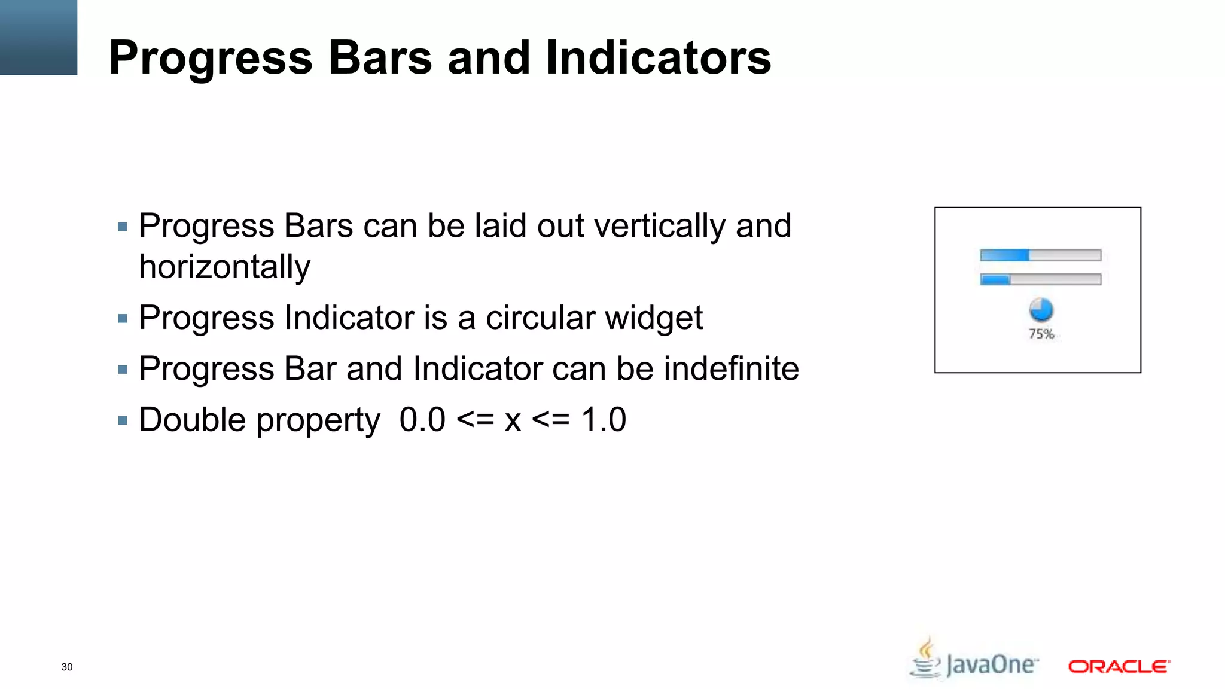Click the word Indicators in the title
click(x=658, y=57)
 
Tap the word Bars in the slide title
click(x=380, y=57)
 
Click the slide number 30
click(x=67, y=667)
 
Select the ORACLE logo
click(x=1119, y=666)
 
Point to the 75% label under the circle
click(x=1041, y=334)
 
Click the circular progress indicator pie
click(x=1041, y=310)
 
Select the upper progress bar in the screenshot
click(x=1040, y=255)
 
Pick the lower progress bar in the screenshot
click(x=1040, y=279)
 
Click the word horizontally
click(x=224, y=267)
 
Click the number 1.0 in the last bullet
click(x=604, y=419)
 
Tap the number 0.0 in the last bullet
click(x=422, y=419)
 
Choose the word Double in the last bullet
click(x=193, y=419)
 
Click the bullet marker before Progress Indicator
click(x=123, y=319)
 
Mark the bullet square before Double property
click(x=123, y=421)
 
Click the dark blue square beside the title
click(x=38, y=37)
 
